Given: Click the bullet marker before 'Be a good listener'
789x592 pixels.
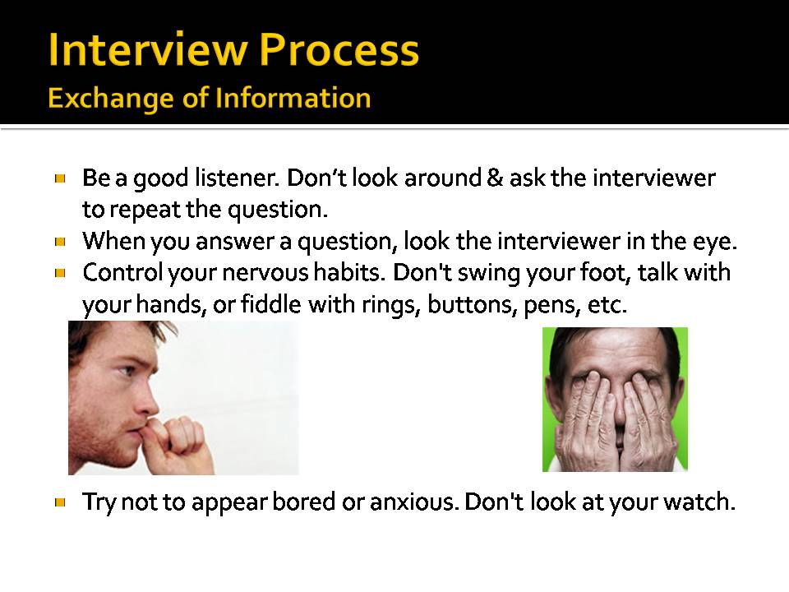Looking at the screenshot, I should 61,177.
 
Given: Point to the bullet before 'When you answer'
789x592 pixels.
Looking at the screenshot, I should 61,242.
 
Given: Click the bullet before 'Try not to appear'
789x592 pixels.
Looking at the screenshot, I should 61,501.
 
